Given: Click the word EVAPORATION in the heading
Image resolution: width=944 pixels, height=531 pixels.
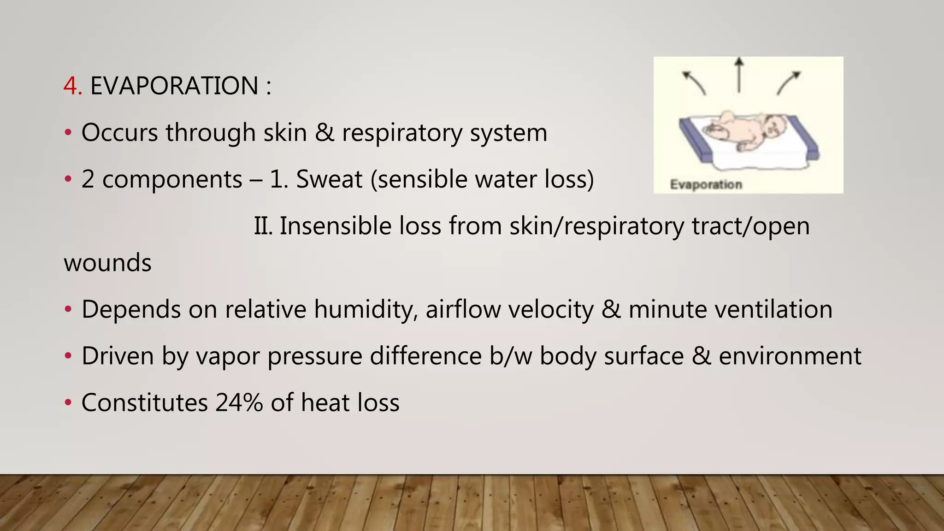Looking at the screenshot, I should [174, 86].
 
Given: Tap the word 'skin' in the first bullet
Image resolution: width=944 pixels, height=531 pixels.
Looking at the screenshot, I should [285, 133].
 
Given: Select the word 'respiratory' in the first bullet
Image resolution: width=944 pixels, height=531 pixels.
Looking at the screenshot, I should [402, 133].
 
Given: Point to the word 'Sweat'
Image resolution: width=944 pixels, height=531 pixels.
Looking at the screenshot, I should [329, 179].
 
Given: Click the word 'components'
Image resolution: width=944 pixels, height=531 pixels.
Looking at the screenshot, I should [172, 179].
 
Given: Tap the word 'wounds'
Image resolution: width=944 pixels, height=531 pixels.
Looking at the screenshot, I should [107, 263].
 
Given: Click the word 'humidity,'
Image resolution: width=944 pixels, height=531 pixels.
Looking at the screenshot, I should [366, 309].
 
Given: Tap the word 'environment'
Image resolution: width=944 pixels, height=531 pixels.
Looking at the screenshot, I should [790, 356].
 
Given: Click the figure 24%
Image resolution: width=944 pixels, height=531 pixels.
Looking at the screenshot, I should [239, 403].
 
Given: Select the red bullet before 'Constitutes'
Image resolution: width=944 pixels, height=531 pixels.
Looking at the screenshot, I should [68, 403].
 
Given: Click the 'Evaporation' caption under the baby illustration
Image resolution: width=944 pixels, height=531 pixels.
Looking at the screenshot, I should [706, 185].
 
